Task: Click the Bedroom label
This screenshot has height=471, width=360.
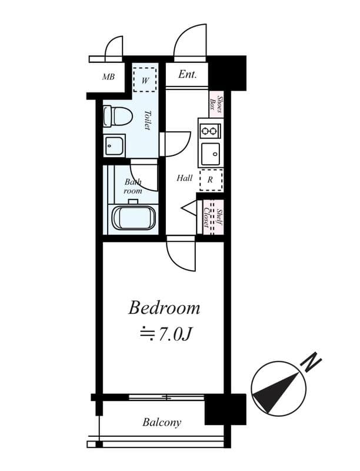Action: [164, 308]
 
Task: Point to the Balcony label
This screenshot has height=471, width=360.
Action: [162, 422]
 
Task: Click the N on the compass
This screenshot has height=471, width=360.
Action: [310, 361]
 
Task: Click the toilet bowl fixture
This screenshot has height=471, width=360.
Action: [118, 116]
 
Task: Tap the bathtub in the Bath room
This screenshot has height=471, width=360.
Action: [134, 217]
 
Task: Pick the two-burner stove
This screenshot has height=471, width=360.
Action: [209, 129]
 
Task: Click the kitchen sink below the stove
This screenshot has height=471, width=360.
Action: [210, 154]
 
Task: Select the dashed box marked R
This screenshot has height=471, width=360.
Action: [210, 180]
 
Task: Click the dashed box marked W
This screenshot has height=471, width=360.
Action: [145, 79]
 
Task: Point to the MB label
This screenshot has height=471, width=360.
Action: [108, 77]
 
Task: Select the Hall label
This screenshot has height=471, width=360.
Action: [184, 178]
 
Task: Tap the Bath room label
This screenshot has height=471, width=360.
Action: [133, 187]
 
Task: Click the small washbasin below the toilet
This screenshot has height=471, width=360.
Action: [114, 145]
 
